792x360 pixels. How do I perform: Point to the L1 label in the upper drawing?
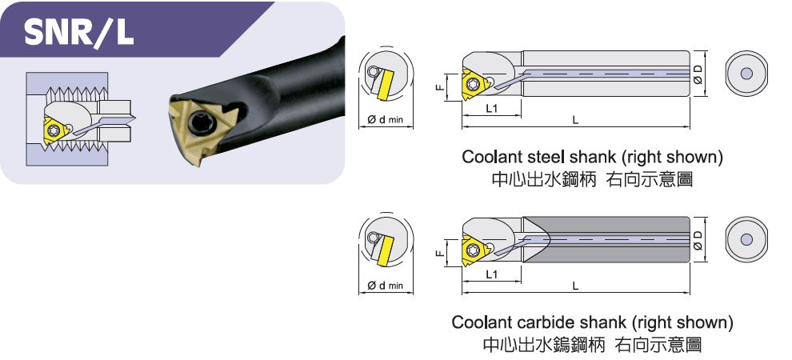492,108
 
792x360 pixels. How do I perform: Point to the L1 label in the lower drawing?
492,274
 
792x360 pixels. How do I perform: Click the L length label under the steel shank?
575,120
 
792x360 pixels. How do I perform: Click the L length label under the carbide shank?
575,286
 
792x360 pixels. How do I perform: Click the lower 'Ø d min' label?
384,286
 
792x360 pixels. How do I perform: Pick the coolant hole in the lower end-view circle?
746,239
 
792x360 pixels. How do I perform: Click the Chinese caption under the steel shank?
591,179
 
